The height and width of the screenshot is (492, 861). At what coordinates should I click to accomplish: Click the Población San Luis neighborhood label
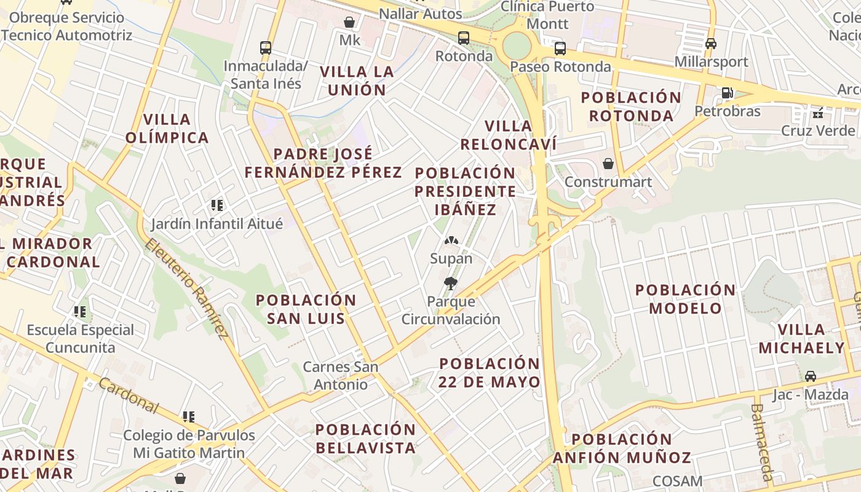point(306,309)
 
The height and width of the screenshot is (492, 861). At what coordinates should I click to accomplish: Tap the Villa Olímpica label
point(167,129)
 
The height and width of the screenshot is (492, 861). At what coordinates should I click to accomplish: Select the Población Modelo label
point(685,299)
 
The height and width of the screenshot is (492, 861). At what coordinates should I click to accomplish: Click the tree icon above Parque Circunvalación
point(451,284)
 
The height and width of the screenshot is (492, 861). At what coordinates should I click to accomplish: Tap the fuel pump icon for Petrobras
point(727,93)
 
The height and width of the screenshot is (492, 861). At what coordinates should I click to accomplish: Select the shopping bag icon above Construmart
point(608,164)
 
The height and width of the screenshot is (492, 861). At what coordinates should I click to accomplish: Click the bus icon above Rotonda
point(464,38)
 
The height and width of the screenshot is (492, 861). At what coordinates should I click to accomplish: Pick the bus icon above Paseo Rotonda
point(560,49)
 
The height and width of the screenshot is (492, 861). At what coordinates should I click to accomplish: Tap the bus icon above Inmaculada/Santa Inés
point(266,47)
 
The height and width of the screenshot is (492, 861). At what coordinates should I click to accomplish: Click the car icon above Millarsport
point(711,44)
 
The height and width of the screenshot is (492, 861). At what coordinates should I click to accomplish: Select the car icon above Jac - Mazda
point(811,376)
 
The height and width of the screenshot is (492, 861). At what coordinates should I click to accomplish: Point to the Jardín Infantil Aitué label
point(217,223)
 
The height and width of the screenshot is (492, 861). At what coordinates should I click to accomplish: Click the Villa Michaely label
point(801,339)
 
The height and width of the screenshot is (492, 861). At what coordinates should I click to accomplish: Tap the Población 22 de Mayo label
point(490,373)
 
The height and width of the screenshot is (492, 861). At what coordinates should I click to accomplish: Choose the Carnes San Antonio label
point(341,376)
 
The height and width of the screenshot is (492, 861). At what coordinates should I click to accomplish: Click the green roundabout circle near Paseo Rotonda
point(516,46)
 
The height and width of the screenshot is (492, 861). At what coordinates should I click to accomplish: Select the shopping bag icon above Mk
point(349,23)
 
